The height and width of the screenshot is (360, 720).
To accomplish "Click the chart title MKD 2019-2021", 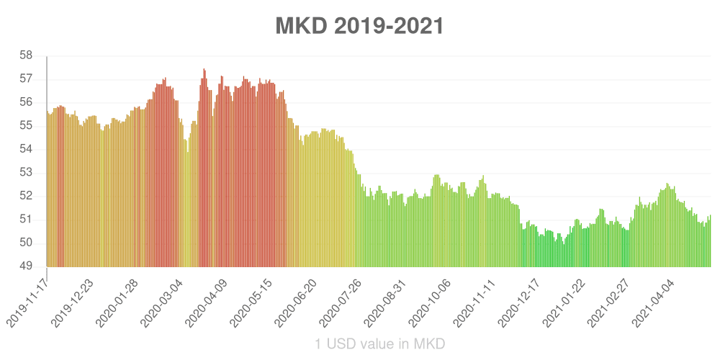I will pos(359,26).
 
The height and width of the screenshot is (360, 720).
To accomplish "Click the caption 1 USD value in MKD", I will pos(379,344).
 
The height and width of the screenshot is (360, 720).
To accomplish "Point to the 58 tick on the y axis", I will pos(25,55).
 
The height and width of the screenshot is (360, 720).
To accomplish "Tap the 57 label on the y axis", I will pos(25,78).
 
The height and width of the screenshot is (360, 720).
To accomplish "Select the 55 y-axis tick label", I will pos(25,125).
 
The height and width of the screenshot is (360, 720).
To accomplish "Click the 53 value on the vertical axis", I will pos(25,172).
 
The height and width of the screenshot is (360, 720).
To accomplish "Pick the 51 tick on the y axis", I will pos(25,220).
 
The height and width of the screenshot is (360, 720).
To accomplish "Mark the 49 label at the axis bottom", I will pos(25,266).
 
